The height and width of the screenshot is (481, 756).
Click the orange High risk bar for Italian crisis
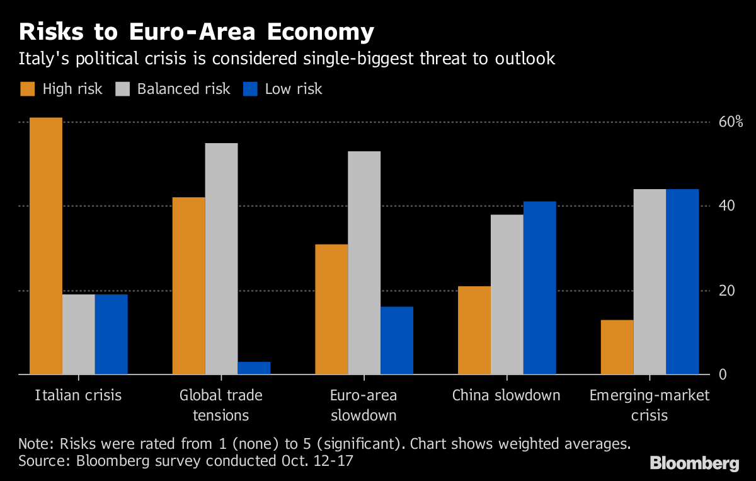pyautogui.click(x=46, y=246)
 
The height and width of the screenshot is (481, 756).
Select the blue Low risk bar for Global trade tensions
pyautogui.click(x=254, y=368)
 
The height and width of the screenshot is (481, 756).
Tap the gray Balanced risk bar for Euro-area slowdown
pyautogui.click(x=364, y=263)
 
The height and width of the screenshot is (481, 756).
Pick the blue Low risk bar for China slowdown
pyautogui.click(x=540, y=288)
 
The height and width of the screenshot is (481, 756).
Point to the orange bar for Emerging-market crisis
pyautogui.click(x=617, y=347)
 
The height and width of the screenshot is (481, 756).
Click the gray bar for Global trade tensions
pyautogui.click(x=221, y=258)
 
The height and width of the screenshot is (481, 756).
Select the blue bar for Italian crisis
pyautogui.click(x=112, y=334)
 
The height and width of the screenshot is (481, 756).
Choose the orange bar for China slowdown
pyautogui.click(x=474, y=330)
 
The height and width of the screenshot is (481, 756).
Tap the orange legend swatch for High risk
pyautogui.click(x=27, y=89)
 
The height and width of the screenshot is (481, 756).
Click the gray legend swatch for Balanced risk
pyautogui.click(x=122, y=89)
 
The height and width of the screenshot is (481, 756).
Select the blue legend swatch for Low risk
pyautogui.click(x=250, y=89)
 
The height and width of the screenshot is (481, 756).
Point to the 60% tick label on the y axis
pyautogui.click(x=731, y=122)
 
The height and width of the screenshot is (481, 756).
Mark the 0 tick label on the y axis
pyautogui.click(x=723, y=374)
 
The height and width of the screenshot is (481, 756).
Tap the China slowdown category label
pyautogui.click(x=506, y=396)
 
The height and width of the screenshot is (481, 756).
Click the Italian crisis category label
pyautogui.click(x=78, y=396)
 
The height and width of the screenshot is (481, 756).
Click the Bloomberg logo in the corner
pyautogui.click(x=694, y=463)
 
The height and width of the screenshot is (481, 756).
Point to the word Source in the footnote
pyautogui.click(x=42, y=461)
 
